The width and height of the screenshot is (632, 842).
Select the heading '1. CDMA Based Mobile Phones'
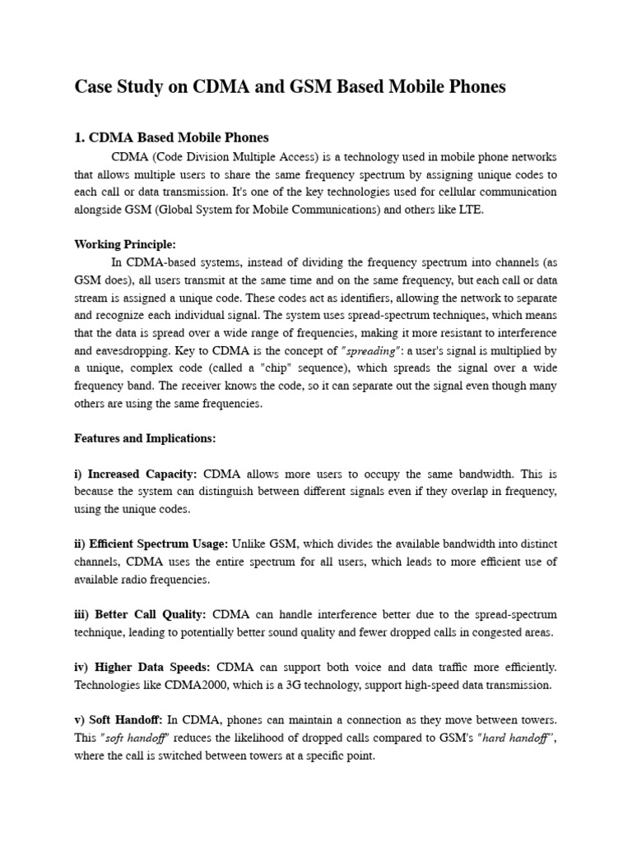[171, 137]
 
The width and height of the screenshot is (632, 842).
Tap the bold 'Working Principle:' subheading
[125, 245]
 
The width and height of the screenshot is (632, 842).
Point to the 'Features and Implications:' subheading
[145, 438]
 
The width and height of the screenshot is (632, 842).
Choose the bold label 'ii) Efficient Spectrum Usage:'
[151, 544]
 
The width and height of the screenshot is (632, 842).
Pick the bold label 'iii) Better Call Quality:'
[142, 614]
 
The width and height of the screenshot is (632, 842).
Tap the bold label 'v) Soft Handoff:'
[118, 720]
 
